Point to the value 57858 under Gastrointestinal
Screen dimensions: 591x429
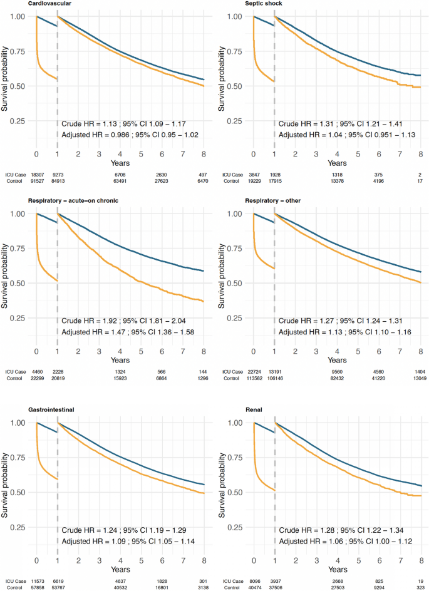tap(37, 587)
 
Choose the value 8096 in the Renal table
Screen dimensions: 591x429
tap(253, 579)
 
